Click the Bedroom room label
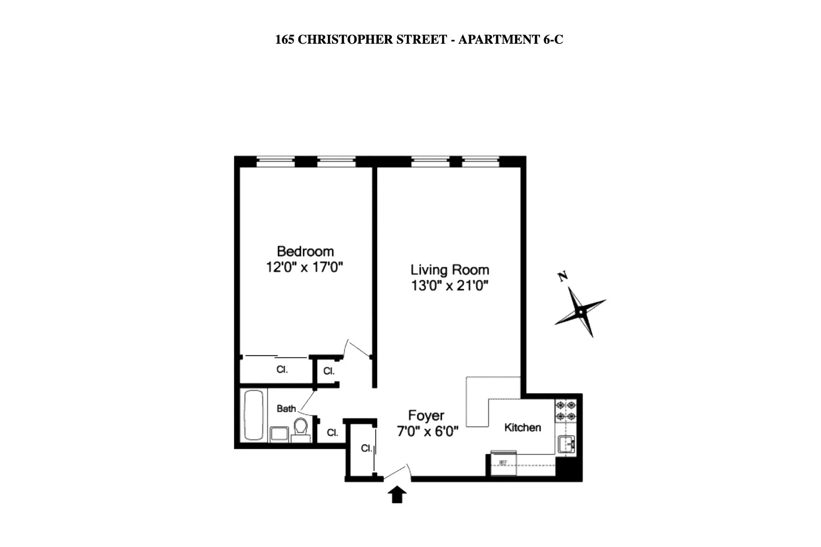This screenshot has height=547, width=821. tap(305, 251)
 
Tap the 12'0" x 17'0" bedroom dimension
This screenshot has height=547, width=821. tap(304, 267)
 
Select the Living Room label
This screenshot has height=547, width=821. tap(450, 270)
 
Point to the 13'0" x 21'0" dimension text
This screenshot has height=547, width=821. tap(450, 286)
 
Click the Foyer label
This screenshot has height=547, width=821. tap(426, 415)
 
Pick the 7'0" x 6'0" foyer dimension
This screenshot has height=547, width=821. tap(427, 431)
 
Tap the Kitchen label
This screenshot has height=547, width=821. tap(522, 428)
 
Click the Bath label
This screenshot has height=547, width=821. tap(286, 408)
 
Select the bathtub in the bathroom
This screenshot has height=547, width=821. tap(254, 415)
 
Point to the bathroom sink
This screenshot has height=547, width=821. tap(278, 434)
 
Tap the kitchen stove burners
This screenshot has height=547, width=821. tap(566, 410)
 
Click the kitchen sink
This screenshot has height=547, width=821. tap(566, 444)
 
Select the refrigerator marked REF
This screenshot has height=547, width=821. tap(503, 464)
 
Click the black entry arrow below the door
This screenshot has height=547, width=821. tap(397, 494)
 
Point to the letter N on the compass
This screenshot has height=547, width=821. tap(563, 276)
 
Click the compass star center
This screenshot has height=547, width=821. tap(581, 312)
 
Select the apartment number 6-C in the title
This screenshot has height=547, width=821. tap(553, 40)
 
